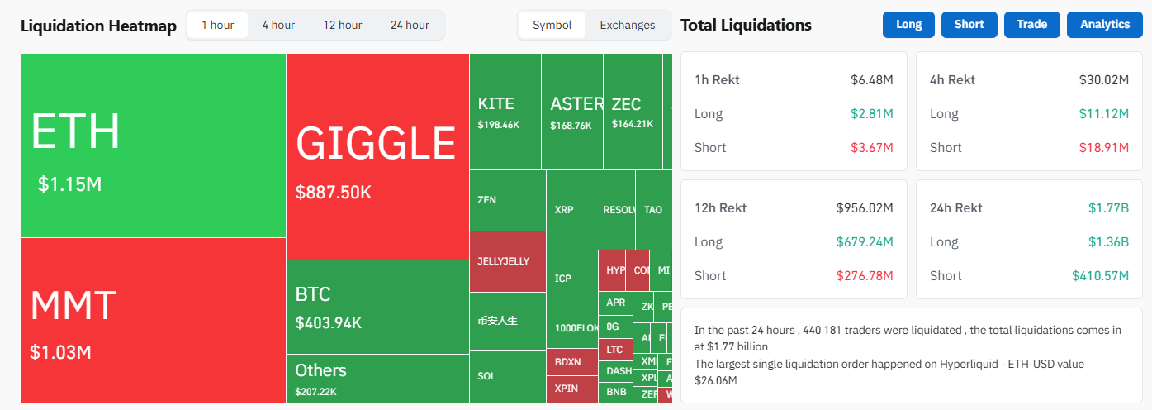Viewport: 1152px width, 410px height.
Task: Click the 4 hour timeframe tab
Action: [278, 25]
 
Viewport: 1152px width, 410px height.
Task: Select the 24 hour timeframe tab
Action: [410, 25]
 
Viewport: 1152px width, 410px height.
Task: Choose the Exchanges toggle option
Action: [627, 25]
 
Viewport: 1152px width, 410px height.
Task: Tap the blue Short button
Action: [969, 25]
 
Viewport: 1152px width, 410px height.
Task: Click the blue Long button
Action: [908, 25]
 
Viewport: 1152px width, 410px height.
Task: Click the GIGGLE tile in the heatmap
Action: [377, 157]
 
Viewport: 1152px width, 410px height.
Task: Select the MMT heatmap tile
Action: [154, 320]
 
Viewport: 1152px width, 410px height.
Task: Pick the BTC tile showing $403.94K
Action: [377, 307]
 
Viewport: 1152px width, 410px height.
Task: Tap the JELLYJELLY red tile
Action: [507, 261]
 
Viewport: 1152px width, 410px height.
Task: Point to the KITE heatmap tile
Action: [505, 112]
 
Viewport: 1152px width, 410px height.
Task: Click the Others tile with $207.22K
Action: [377, 378]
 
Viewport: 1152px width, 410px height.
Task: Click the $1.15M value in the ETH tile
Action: [70, 184]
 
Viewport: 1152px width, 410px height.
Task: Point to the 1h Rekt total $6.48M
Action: [872, 80]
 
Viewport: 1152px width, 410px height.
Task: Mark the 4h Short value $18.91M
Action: [1103, 148]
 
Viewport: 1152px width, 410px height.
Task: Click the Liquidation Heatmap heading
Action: [98, 26]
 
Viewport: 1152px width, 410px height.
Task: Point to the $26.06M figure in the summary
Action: [716, 380]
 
